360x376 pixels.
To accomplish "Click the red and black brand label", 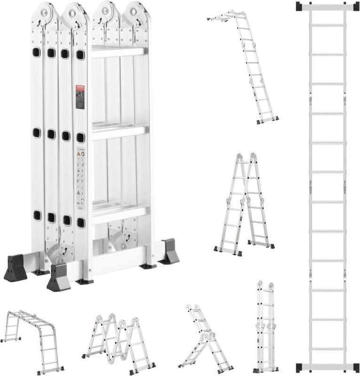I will [80, 97].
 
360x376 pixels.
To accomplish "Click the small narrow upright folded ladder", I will [265, 327].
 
